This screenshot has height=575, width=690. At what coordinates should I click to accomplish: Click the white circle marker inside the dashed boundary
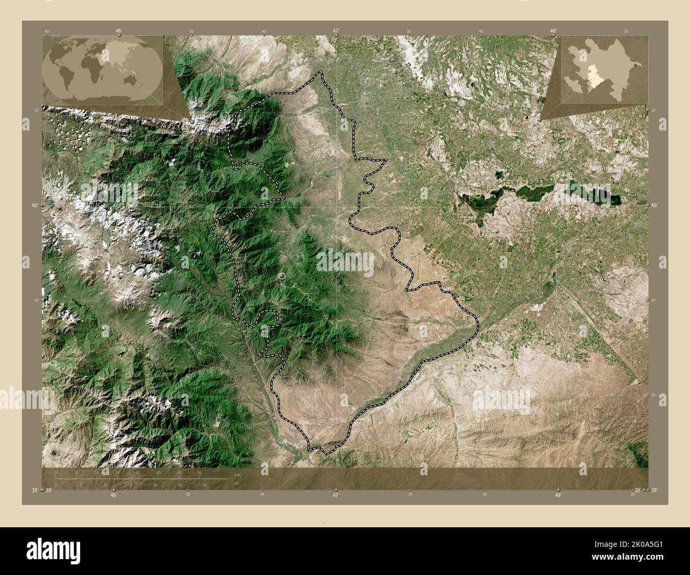(x=281, y=276)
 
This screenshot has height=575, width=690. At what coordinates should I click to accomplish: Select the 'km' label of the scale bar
(x=237, y=474)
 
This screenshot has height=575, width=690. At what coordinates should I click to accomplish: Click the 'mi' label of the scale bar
(x=237, y=483)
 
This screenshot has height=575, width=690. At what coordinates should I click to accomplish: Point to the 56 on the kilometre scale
(x=200, y=473)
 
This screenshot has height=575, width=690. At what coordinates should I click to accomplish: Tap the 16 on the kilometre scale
(x=97, y=473)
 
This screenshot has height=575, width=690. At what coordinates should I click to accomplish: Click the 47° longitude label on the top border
(x=335, y=31)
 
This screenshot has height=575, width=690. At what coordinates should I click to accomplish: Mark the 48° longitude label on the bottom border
(x=557, y=494)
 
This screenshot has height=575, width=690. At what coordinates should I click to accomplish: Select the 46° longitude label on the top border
(x=119, y=31)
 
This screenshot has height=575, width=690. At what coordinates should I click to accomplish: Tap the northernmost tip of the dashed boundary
(x=320, y=72)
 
